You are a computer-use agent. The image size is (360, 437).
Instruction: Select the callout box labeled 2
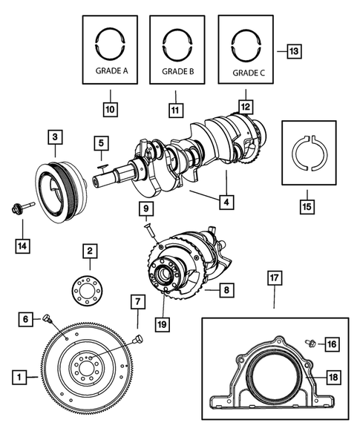tap(89, 252)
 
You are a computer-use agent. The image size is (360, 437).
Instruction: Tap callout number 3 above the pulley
tap(56, 137)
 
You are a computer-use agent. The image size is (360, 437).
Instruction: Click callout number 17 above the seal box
tap(274, 279)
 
